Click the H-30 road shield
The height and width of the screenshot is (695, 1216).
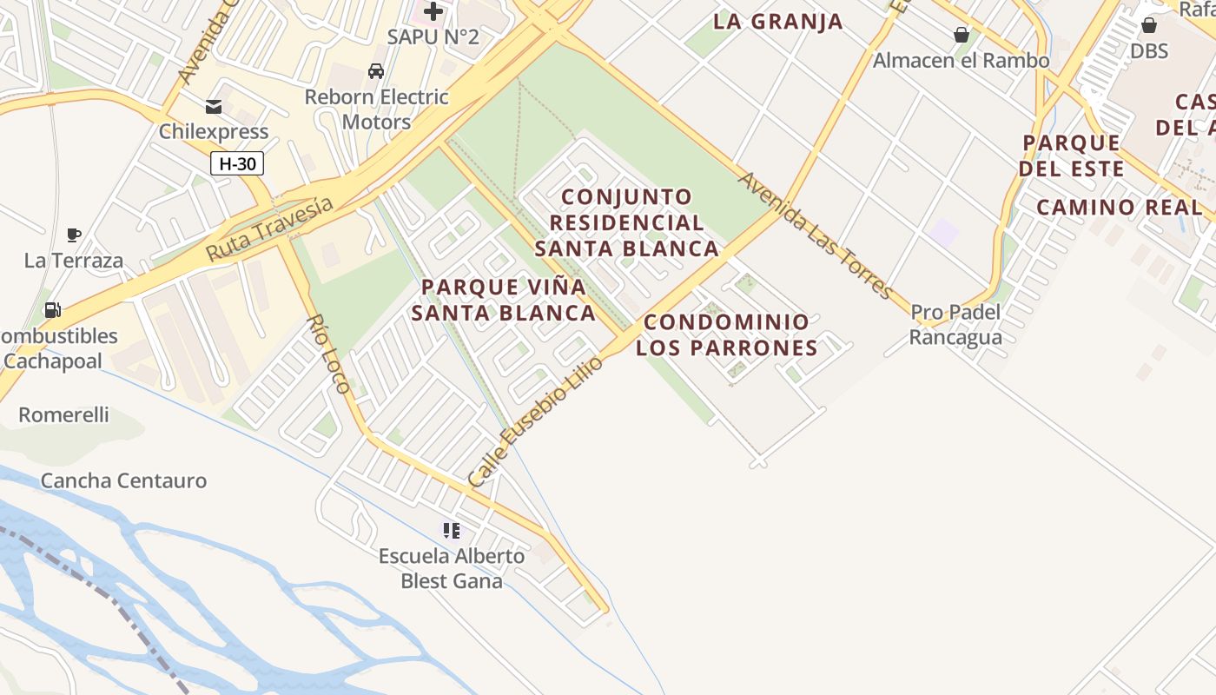click(236, 162)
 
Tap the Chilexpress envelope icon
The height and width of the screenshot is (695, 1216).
click(213, 107)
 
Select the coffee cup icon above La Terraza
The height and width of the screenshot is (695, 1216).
click(74, 235)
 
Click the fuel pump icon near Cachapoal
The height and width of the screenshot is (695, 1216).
click(52, 310)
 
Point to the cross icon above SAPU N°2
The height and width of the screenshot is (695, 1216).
click(433, 11)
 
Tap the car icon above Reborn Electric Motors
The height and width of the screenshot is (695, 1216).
click(376, 70)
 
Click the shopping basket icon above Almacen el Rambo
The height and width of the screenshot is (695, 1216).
click(962, 35)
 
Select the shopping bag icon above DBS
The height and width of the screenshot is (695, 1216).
click(1149, 25)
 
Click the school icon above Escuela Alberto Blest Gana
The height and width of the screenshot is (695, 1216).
click(451, 530)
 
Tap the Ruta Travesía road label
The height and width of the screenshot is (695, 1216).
click(269, 228)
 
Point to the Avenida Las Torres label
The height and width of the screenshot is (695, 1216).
click(815, 235)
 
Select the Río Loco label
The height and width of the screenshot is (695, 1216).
click(328, 354)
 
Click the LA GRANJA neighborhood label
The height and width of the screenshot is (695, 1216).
click(778, 22)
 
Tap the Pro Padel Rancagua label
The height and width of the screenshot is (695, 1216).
click(955, 324)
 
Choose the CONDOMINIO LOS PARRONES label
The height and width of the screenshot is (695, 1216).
click(726, 334)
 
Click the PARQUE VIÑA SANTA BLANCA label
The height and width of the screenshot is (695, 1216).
click(504, 300)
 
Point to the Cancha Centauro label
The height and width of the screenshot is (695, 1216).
click(124, 480)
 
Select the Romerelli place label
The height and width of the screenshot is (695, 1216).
click(64, 414)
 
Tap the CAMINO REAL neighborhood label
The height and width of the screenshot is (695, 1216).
click(1120, 207)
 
